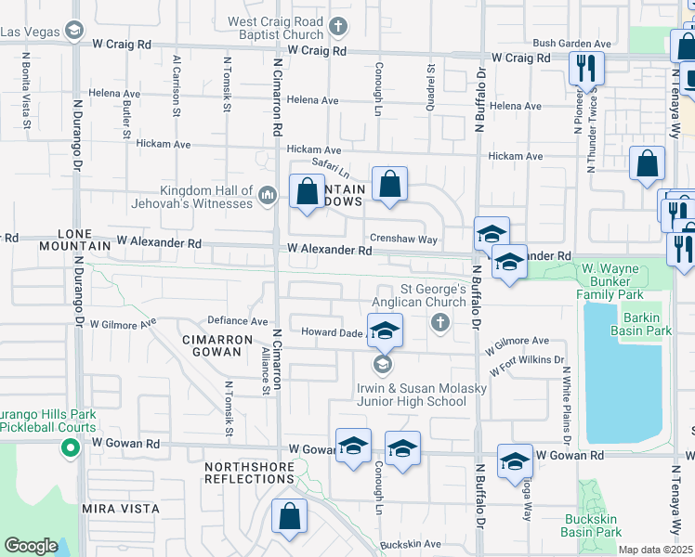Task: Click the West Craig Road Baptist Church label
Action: click(276, 28)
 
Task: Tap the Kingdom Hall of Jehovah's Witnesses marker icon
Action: click(268, 194)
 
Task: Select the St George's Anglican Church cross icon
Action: click(440, 323)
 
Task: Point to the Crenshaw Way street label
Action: click(403, 239)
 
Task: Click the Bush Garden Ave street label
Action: click(571, 44)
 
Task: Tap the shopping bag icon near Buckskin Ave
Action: click(290, 517)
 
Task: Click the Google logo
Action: click(31, 546)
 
